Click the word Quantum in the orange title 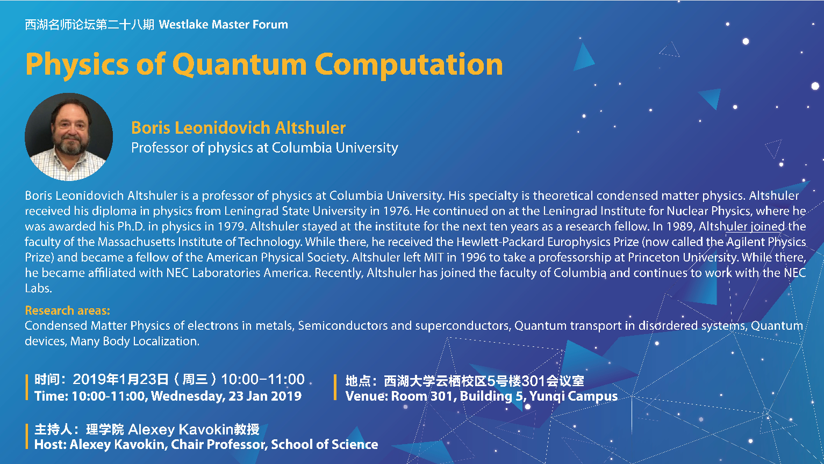pyautogui.click(x=240, y=64)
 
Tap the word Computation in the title pyautogui.click(x=409, y=64)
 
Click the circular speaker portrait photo pyautogui.click(x=69, y=137)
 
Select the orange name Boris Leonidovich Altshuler pyautogui.click(x=238, y=128)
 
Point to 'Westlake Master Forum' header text pyautogui.click(x=223, y=24)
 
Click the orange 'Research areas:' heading pyautogui.click(x=67, y=310)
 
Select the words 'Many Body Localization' pyautogui.click(x=134, y=341)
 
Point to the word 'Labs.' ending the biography pyautogui.click(x=38, y=288)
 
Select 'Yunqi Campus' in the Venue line pyautogui.click(x=574, y=396)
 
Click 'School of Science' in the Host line pyautogui.click(x=325, y=444)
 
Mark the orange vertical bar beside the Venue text pyautogui.click(x=335, y=387)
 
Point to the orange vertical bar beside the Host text pyautogui.click(x=26, y=437)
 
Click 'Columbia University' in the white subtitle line pyautogui.click(x=335, y=148)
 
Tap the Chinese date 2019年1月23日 pyautogui.click(x=120, y=380)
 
